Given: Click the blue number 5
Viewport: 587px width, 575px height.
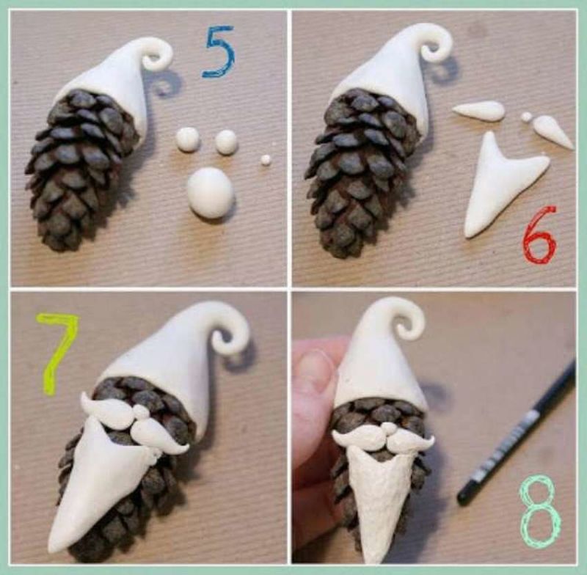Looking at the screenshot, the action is coord(219,52).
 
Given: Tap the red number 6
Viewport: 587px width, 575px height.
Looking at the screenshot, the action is coord(540,235).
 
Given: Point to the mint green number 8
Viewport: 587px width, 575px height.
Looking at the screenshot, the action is coord(540,513).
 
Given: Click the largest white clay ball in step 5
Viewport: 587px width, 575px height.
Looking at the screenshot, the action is coord(211,193).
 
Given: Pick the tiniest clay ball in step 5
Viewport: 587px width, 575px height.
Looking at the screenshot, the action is coord(266,160).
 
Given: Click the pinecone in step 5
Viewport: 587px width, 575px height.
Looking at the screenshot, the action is coord(82,169).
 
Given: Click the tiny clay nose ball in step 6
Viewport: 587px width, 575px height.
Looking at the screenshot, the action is coord(526,117).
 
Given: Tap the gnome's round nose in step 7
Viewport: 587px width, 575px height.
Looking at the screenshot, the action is coord(141,412).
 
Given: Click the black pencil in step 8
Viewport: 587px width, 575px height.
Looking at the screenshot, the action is coord(517,432).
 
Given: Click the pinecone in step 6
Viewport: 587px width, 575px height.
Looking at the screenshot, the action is coord(361,172).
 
